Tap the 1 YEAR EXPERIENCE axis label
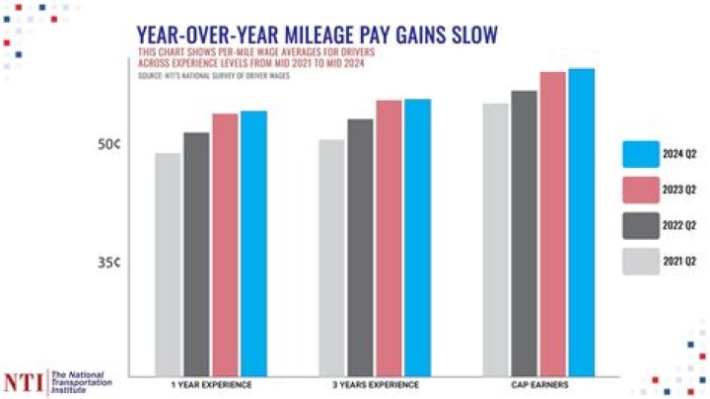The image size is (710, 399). (x=211, y=382)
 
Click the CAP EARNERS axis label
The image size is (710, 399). (x=538, y=382)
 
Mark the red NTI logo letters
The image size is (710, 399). (x=24, y=380)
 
